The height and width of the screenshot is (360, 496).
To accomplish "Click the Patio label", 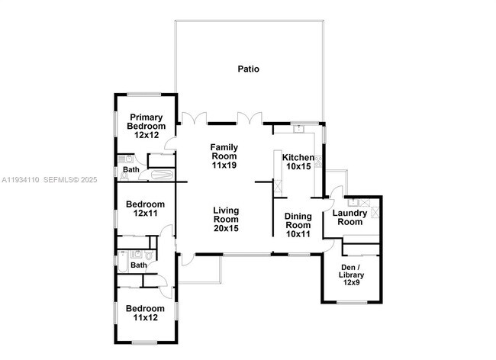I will [248, 69].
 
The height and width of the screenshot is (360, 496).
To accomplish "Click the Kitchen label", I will [298, 157].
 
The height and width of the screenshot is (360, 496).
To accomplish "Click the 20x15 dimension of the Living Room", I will [226, 228].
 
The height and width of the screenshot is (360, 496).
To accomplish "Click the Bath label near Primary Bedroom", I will [132, 169].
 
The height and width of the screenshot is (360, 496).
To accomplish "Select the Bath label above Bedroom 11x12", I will [138, 265].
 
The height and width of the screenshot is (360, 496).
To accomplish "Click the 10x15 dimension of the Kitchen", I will [298, 167].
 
